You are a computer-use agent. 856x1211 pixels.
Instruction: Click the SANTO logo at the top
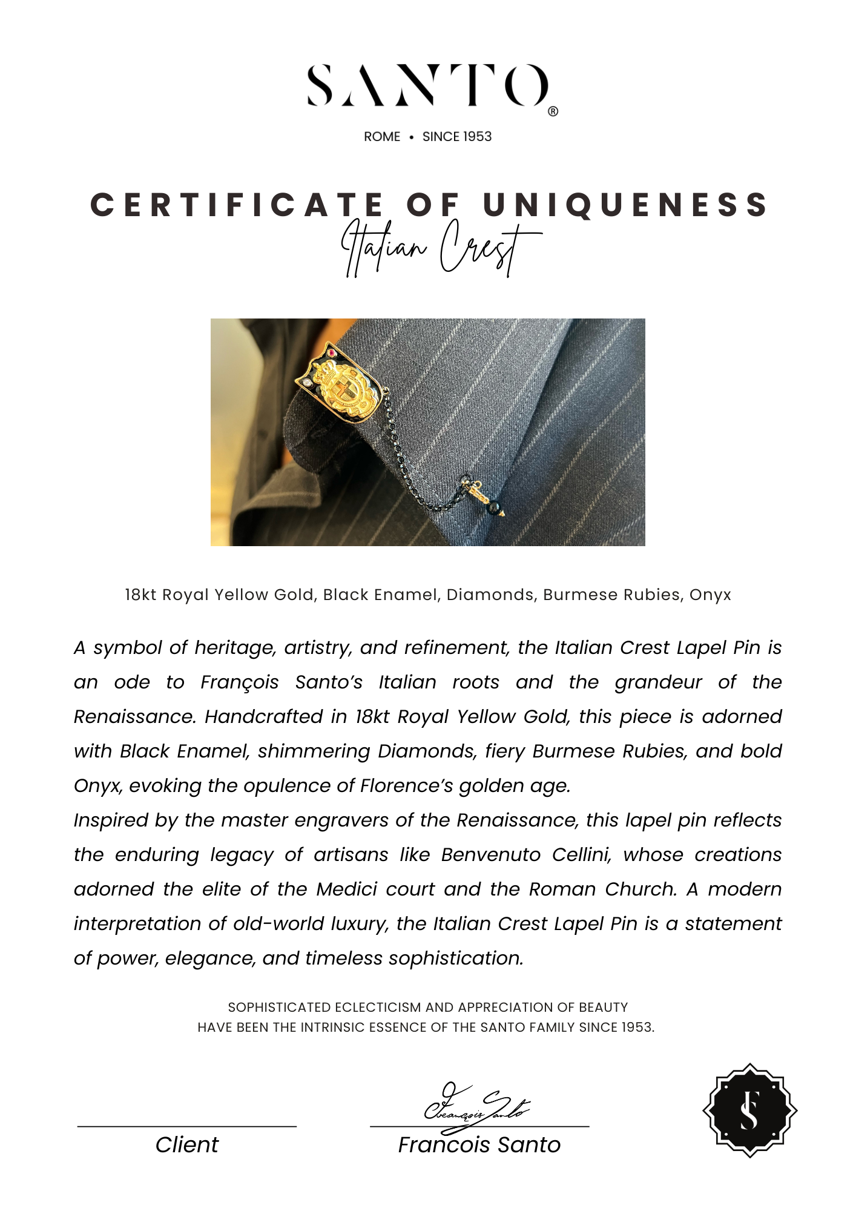pos(427,85)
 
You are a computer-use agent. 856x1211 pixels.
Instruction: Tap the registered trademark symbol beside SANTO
pos(553,111)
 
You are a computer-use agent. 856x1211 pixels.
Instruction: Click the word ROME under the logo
pos(382,137)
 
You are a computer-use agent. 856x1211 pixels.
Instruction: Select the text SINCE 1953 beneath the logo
pos(457,137)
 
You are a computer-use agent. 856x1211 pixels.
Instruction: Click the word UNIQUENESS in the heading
pos(626,205)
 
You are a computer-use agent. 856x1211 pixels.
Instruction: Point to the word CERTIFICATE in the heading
pos(237,205)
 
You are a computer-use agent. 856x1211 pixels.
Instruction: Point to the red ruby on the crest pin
pos(332,352)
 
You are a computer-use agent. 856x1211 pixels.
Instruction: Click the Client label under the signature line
pos(187,1145)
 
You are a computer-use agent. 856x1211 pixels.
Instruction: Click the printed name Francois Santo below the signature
pos(479,1145)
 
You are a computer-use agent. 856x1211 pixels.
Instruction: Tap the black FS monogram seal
pos(749,1110)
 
